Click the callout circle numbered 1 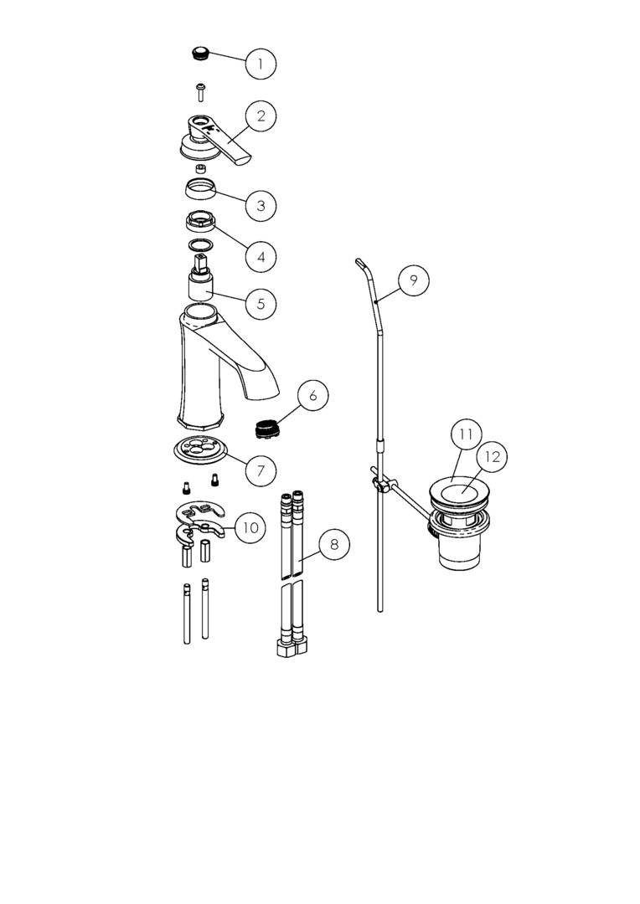tap(261, 64)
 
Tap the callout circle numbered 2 tap(261, 116)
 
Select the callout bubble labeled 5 tap(261, 303)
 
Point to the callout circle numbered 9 tap(413, 280)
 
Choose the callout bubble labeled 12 tap(492, 457)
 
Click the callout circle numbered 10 tap(250, 527)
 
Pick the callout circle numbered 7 tap(261, 470)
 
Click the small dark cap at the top tap(199, 54)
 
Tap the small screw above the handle tap(200, 92)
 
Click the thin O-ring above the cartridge tap(199, 245)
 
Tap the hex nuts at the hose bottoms tap(292, 648)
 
